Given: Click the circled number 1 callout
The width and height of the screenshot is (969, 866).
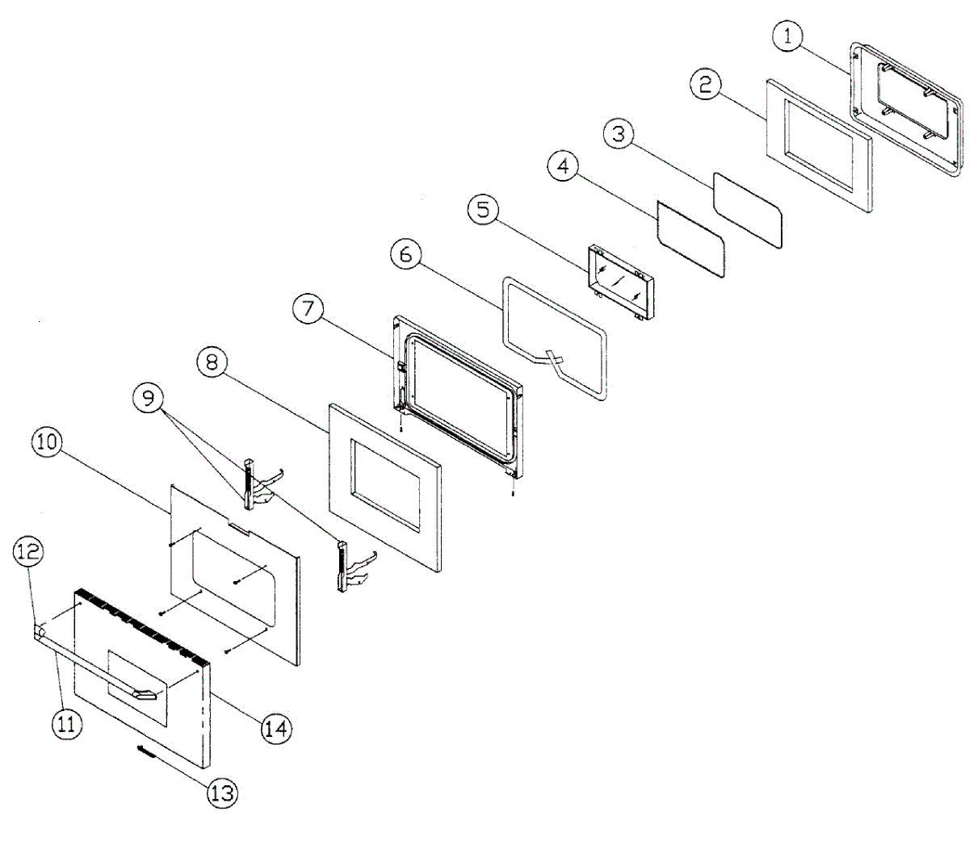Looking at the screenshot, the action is click(x=788, y=36).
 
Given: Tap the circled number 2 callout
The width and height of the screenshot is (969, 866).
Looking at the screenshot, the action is click(x=706, y=85).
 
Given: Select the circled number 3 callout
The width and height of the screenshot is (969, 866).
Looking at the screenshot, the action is click(x=619, y=133).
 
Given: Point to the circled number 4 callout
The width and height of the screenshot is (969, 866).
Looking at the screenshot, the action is click(x=563, y=167).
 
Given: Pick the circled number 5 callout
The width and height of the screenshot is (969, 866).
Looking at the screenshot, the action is click(x=483, y=210).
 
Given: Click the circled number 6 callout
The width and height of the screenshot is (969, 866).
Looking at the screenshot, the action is click(x=405, y=254).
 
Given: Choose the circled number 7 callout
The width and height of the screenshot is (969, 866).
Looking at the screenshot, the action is click(x=308, y=310).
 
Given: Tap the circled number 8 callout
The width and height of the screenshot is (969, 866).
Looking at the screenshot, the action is click(x=212, y=362).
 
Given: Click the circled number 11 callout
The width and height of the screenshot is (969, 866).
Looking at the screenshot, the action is click(x=66, y=724).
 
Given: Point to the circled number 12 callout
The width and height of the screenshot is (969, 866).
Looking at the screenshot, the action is click(x=28, y=552).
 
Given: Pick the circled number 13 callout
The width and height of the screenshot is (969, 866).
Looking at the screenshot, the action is click(x=221, y=793).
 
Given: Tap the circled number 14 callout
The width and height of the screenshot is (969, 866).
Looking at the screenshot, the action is click(x=275, y=729).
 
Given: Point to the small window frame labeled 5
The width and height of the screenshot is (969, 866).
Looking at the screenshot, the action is click(x=620, y=282).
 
